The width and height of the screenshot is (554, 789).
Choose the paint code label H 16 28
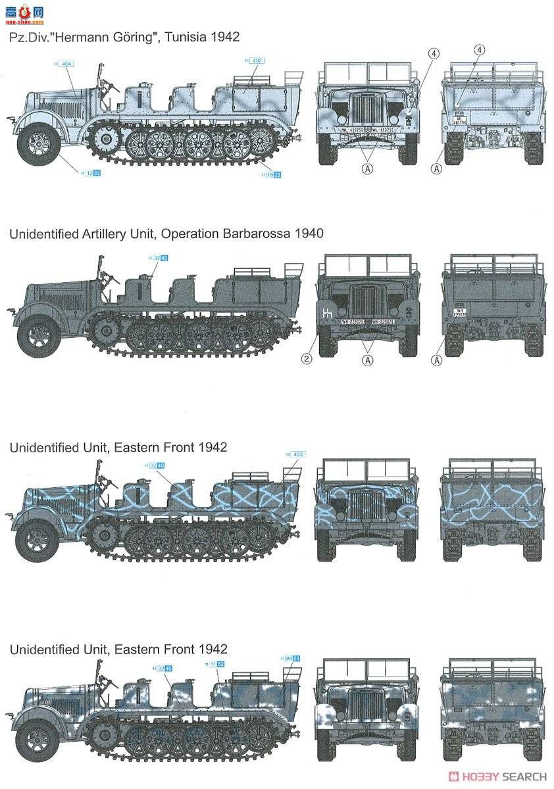(270, 174)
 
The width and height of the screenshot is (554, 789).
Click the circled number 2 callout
(307, 359)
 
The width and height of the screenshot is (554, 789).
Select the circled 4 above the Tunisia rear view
(480, 50)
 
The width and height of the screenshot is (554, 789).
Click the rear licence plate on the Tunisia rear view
(461, 122)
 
